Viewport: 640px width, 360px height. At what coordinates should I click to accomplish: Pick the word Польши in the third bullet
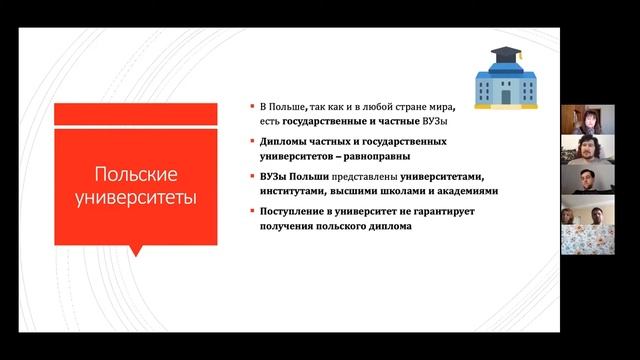(308, 176)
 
